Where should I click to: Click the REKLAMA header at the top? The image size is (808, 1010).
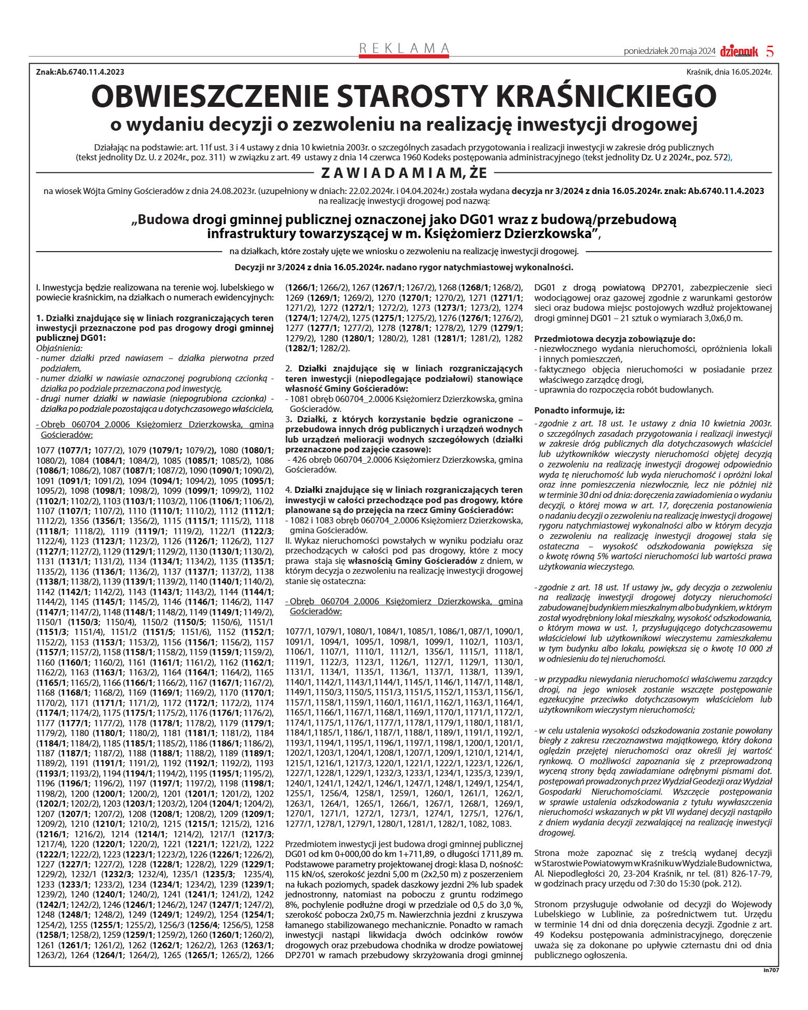(x=404, y=48)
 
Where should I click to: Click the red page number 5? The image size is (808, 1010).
(x=770, y=51)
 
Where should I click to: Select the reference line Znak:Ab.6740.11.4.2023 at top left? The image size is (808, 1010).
(x=80, y=72)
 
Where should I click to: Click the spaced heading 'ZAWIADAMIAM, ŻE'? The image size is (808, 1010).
(x=404, y=173)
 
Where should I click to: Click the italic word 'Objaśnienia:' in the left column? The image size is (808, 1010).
(x=59, y=348)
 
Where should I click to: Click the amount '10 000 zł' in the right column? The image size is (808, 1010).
(x=749, y=648)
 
